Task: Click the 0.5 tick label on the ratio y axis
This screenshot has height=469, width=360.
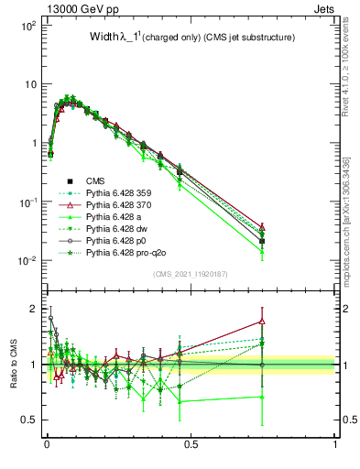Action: click(31, 420)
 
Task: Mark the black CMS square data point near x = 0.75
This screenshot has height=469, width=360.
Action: click(262, 241)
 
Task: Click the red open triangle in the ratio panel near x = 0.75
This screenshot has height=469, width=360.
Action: click(262, 322)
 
